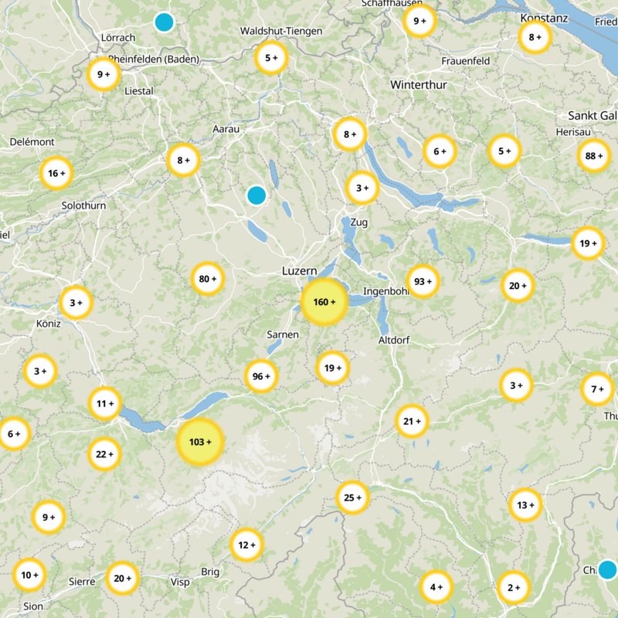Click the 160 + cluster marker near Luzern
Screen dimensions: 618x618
point(323,302)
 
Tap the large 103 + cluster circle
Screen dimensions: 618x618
point(200,442)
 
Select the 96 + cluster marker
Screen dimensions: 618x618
point(262,377)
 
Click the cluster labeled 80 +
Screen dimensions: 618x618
point(207,279)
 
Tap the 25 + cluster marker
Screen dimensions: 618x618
point(352,497)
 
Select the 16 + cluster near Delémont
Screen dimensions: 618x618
point(56,174)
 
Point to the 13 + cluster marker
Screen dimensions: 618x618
point(525,505)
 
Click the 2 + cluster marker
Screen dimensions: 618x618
point(514,587)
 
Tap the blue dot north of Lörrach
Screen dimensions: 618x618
point(164,22)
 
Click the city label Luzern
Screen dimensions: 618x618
point(299,271)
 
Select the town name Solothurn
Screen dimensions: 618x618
point(83,205)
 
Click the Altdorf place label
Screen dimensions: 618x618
point(394,340)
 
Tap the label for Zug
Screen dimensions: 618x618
point(359,222)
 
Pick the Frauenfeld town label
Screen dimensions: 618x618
point(467,60)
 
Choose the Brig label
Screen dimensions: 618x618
point(210,572)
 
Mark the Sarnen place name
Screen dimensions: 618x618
point(283,334)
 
